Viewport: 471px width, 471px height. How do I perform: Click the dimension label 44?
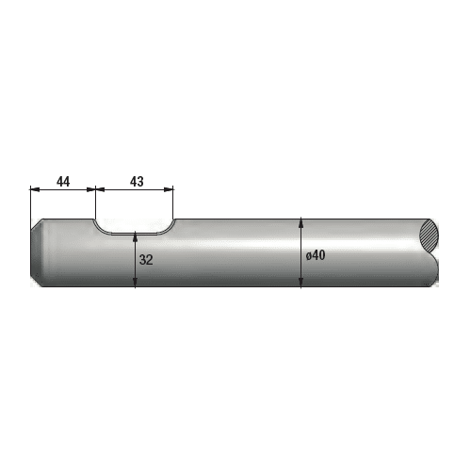63,182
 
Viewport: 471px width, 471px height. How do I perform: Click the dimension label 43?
137,182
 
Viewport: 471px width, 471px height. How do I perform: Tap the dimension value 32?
146,260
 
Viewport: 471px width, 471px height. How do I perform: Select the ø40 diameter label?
316,255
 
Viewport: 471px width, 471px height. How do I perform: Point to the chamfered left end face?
37,252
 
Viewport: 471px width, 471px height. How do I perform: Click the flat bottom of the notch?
135,234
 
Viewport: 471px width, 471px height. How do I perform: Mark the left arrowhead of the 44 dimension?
35,189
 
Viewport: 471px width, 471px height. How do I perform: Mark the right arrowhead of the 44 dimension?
91,189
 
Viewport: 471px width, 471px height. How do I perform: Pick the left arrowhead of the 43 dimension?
100,189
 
